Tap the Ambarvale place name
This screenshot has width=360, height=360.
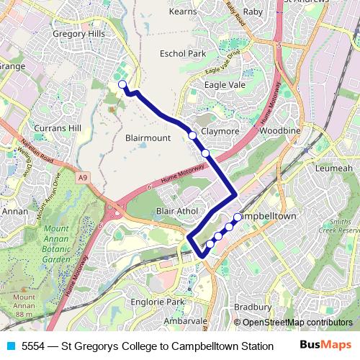pyautogui.click(x=186, y=321)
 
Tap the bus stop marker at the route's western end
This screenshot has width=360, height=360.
pyautogui.click(x=122, y=85)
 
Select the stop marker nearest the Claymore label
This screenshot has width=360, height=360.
pyautogui.click(x=192, y=135)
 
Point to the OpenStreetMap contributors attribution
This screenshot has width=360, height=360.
pyautogui.click(x=297, y=323)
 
